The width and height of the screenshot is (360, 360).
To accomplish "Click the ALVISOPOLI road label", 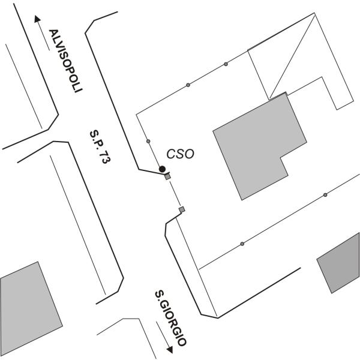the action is pos(65,61).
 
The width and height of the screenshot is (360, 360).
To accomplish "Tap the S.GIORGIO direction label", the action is pos(170,319).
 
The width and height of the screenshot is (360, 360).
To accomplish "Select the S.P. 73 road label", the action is pos(100,147).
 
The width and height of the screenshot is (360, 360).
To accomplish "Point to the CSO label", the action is pos(180,154).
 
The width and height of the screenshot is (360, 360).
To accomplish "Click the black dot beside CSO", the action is pos(163,169).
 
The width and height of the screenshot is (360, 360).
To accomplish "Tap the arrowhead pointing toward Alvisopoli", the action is pos(37,19).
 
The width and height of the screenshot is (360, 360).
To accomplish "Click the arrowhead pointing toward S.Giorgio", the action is pos(170,350).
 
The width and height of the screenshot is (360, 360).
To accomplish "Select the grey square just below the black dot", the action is pos(167,176).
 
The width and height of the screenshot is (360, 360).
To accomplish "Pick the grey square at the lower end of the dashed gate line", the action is pos(182,209).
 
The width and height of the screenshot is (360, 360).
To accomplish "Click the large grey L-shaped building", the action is pos(257,147).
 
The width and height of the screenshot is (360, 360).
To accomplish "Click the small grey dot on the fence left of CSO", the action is pos(148,141).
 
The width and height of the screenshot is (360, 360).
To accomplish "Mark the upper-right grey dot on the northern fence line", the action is pos(226,64).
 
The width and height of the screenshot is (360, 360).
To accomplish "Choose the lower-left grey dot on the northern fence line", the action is pos(188,85).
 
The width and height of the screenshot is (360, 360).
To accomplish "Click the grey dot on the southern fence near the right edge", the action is pos(325,195).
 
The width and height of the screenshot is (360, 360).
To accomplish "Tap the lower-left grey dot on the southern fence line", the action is pos(242,244).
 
